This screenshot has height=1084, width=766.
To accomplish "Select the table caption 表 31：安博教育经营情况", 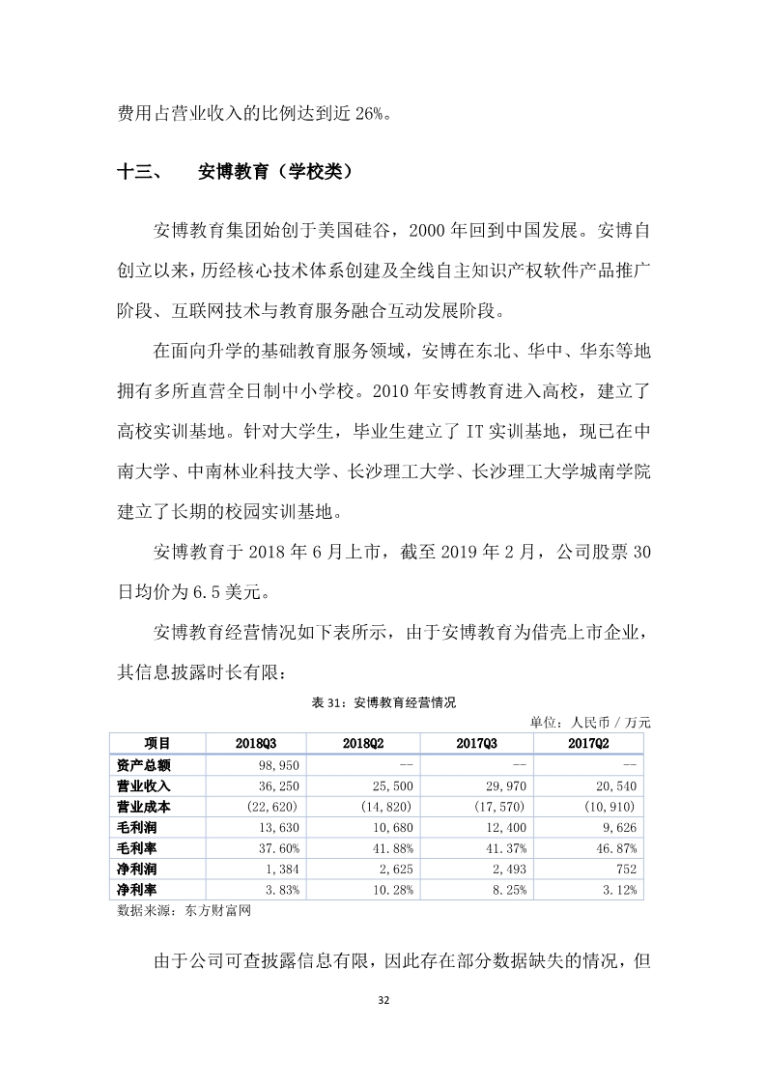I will point(383,702).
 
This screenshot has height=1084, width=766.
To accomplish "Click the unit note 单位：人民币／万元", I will point(590,722).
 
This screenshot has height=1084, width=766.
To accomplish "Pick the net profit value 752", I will point(624,870).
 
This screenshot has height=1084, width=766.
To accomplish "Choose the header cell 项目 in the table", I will point(156,743).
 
